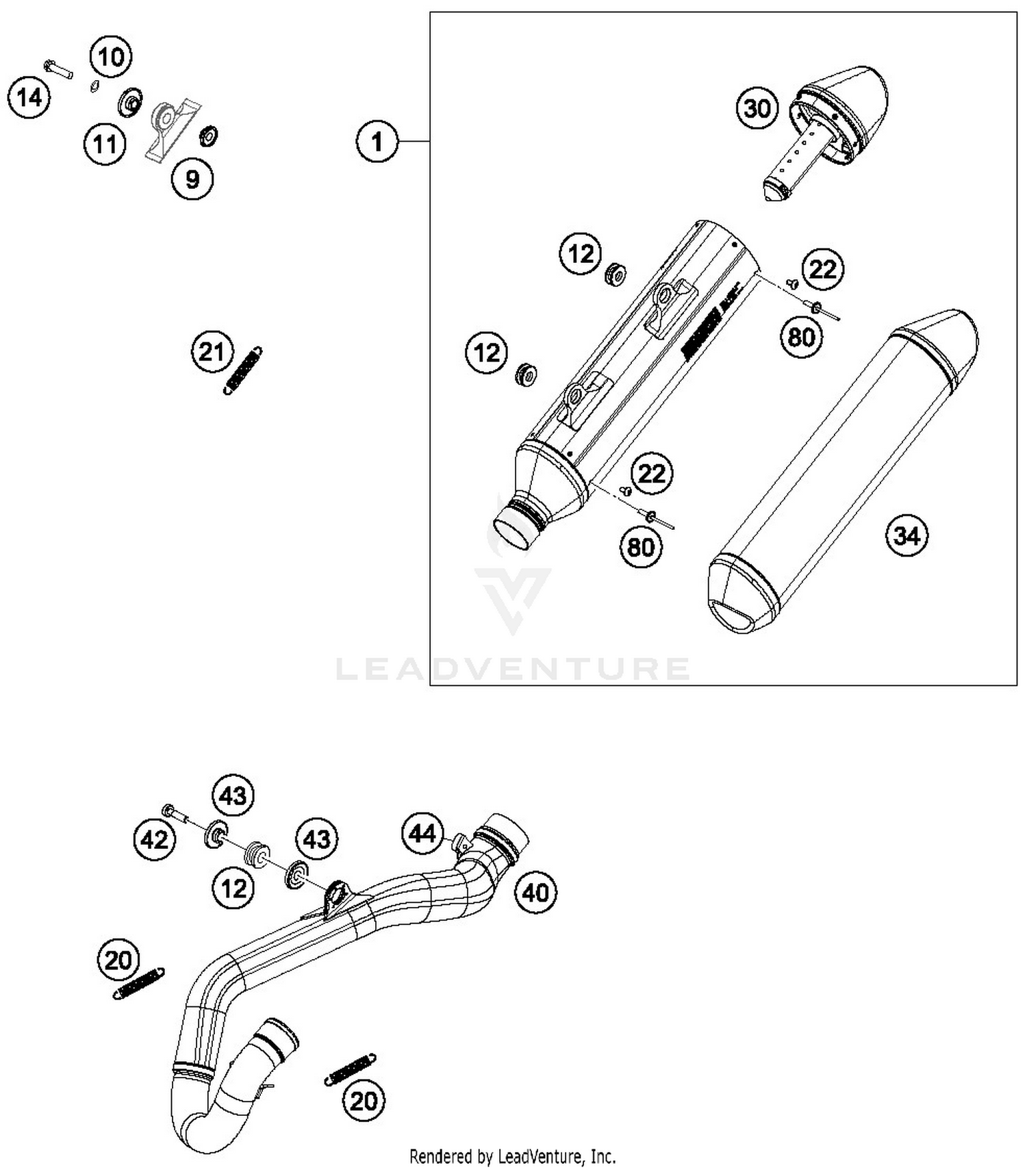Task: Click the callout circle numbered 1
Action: [x=377, y=142]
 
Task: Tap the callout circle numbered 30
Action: [x=757, y=108]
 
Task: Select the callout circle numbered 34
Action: [x=907, y=535]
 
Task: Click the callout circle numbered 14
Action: [x=29, y=97]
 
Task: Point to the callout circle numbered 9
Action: [x=192, y=179]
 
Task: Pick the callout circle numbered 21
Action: [x=212, y=351]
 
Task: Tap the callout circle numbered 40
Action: [x=535, y=892]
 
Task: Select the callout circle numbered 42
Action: [x=155, y=839]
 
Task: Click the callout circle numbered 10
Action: [x=111, y=56]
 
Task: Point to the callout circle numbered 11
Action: [x=105, y=144]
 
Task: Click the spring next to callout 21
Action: [x=243, y=370]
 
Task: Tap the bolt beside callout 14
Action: [x=58, y=68]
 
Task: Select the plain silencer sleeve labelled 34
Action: [x=842, y=472]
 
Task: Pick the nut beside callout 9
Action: [x=208, y=135]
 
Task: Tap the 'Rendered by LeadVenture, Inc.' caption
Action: [x=512, y=1156]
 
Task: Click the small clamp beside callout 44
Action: [x=462, y=843]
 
